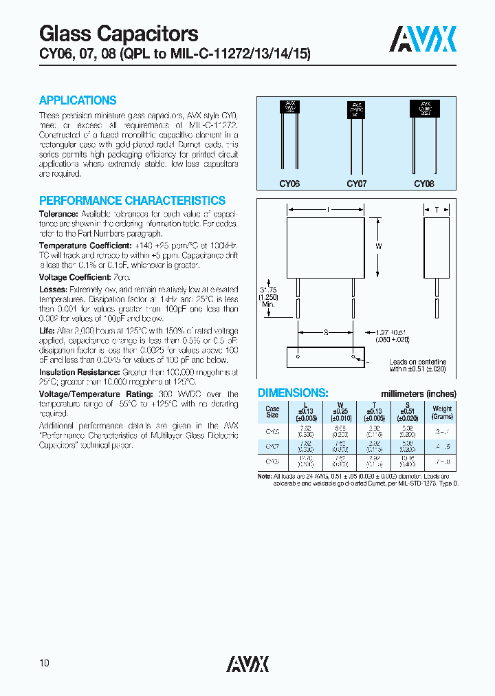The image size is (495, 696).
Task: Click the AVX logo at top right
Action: point(423,39)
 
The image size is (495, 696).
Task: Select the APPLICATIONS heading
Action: point(78,100)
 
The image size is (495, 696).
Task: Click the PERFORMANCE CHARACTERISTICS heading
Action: point(132,201)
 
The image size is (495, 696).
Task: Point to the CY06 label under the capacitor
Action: point(289,184)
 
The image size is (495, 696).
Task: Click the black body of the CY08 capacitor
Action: point(424,109)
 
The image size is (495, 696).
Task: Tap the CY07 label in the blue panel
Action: point(357,184)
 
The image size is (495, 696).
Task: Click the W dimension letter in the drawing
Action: point(378,246)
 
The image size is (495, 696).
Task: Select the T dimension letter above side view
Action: point(436,209)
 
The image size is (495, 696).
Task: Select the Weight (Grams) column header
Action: point(442,413)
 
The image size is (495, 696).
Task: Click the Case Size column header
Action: point(272,413)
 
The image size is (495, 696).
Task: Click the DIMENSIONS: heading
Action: point(292,393)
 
